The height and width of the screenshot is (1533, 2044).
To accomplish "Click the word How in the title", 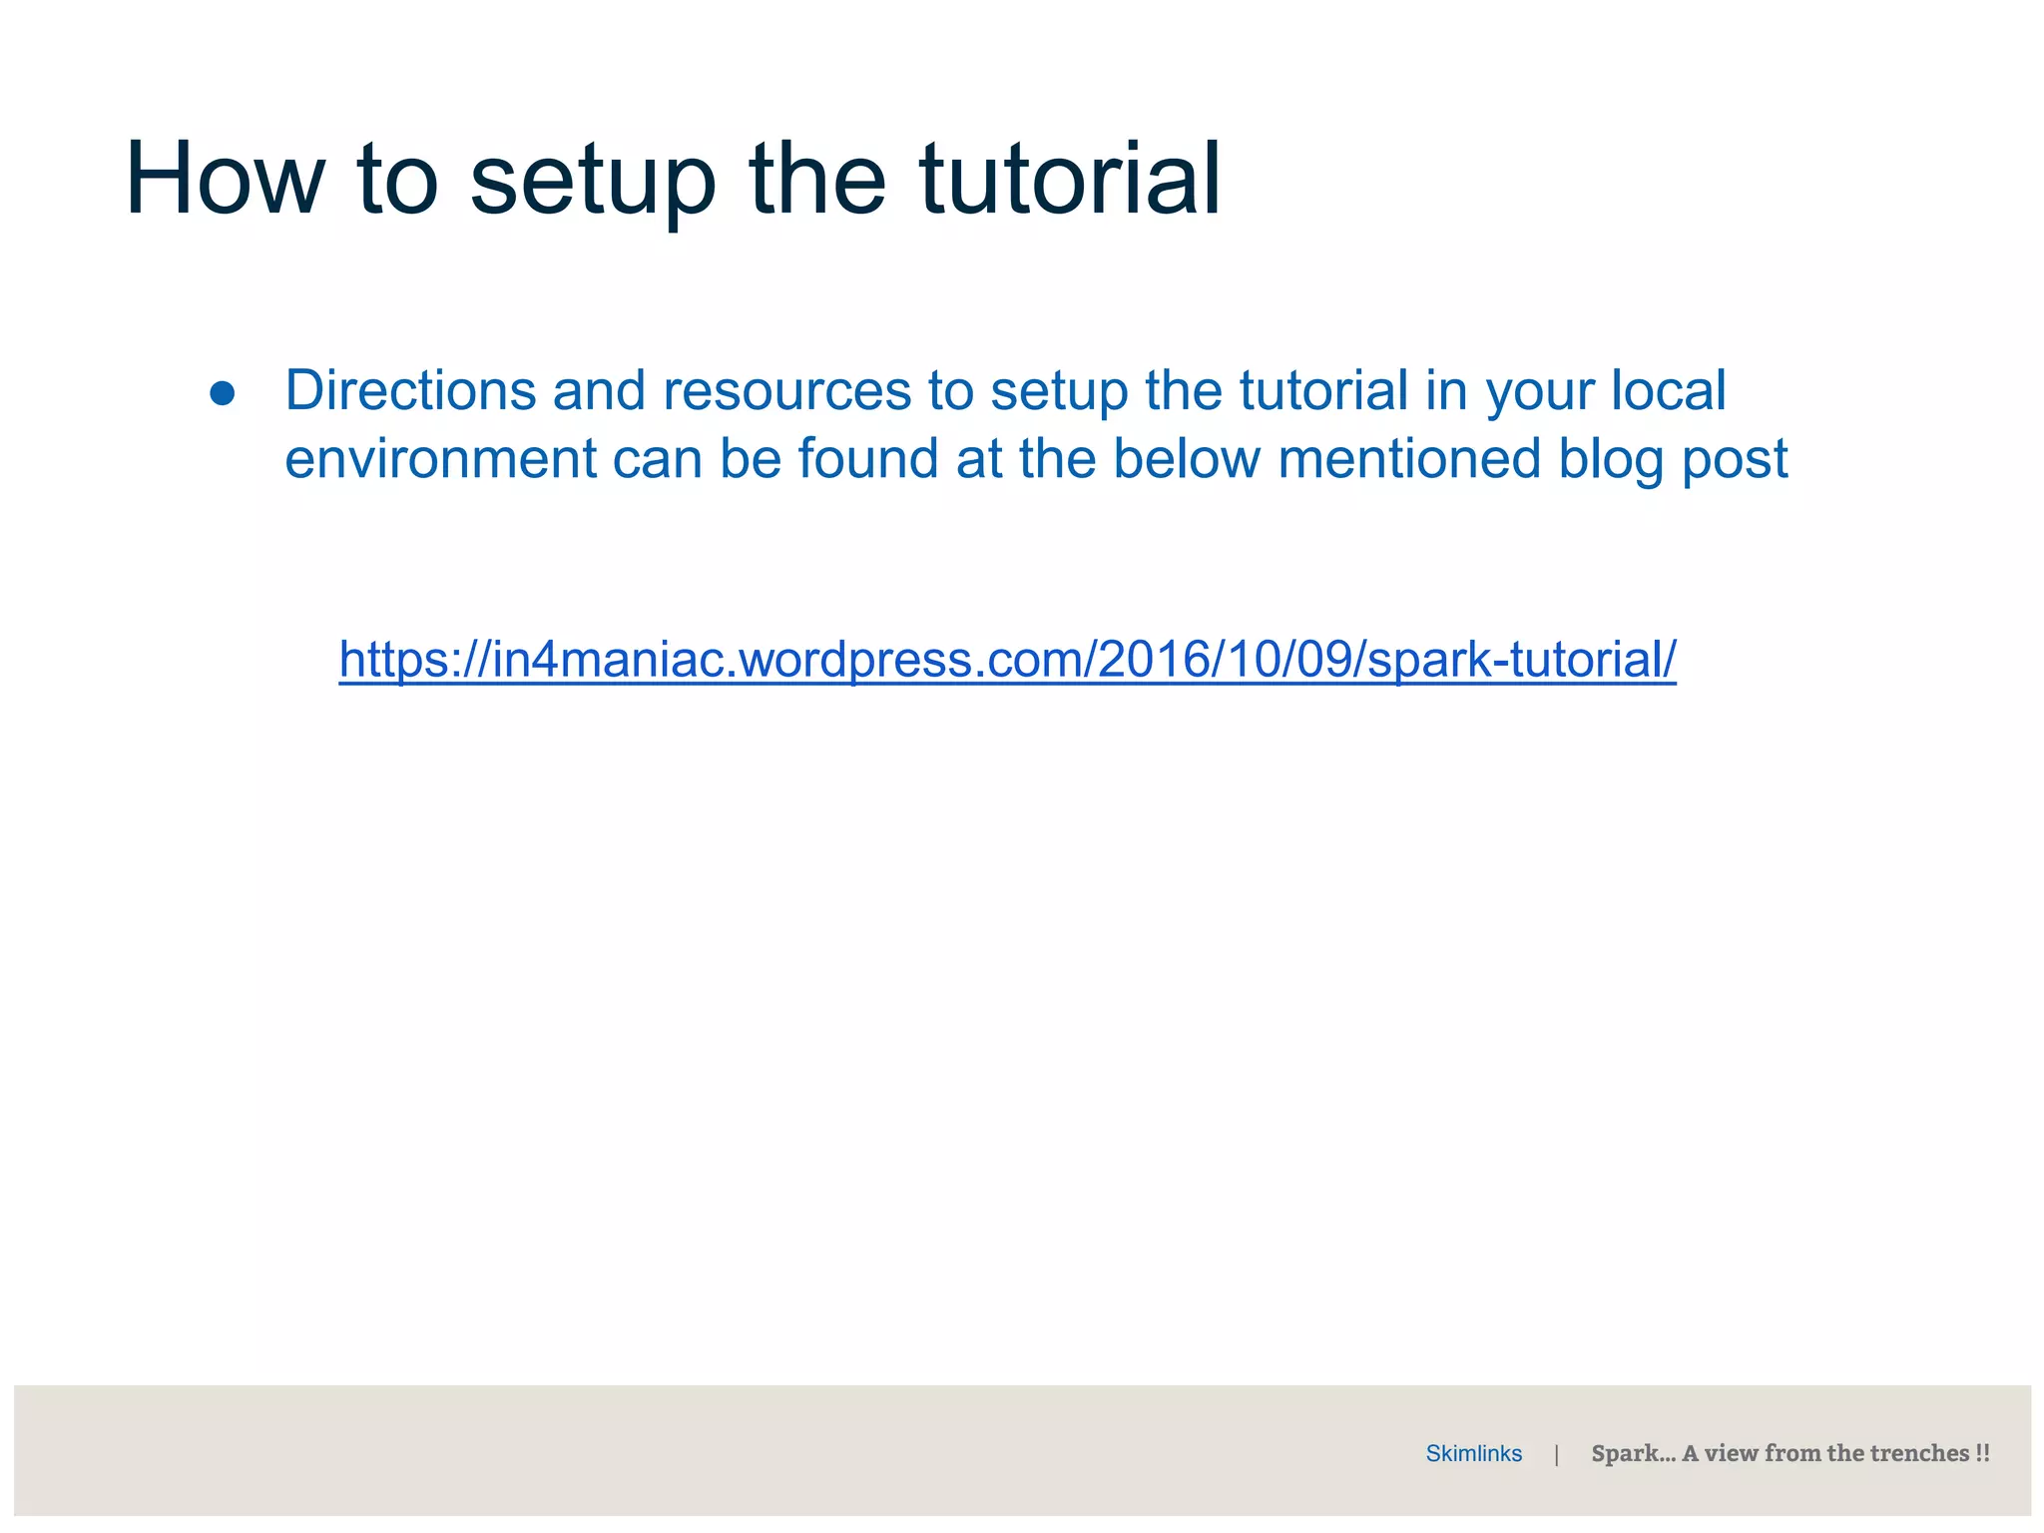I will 225,180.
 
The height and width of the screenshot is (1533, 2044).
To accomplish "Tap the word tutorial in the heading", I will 1069,180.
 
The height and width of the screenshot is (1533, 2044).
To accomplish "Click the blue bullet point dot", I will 222,393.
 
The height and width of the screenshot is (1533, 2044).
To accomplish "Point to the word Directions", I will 410,390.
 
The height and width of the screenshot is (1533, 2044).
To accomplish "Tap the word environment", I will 440,459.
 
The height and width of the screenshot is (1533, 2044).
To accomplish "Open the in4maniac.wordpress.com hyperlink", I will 1007,660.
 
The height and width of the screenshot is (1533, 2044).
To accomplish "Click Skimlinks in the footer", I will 1473,1453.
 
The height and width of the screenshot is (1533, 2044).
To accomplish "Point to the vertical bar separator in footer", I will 1556,1454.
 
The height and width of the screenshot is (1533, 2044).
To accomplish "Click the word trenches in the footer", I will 1919,1453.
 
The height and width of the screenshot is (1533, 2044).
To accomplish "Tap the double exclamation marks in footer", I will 1982,1453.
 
